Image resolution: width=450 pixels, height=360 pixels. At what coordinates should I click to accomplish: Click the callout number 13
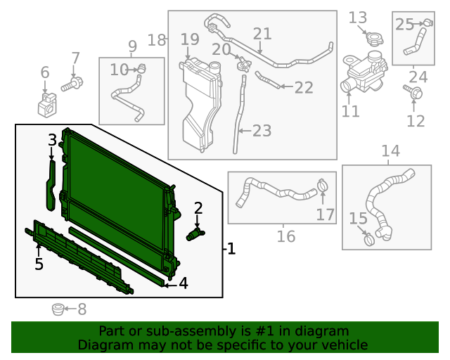pyautogui.click(x=358, y=18)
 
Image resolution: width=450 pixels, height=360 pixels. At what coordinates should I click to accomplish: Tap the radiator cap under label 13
pyautogui.click(x=375, y=39)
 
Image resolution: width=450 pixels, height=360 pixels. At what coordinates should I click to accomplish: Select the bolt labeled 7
pyautogui.click(x=72, y=84)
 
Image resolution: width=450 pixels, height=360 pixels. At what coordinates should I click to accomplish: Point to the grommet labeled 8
pyautogui.click(x=58, y=309)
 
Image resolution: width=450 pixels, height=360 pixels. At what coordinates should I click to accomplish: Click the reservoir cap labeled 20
pyautogui.click(x=244, y=65)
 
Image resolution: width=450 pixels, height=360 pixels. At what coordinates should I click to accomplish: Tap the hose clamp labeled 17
pyautogui.click(x=323, y=185)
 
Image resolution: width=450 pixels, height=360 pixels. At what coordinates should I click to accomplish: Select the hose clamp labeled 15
pyautogui.click(x=369, y=239)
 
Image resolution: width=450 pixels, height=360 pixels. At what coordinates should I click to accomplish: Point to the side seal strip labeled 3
pyautogui.click(x=51, y=186)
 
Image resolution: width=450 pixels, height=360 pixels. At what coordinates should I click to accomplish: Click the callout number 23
pyautogui.click(x=262, y=131)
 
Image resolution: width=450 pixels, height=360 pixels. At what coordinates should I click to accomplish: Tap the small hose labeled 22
pyautogui.click(x=267, y=80)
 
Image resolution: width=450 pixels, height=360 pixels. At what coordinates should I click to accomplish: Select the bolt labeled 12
pyautogui.click(x=413, y=92)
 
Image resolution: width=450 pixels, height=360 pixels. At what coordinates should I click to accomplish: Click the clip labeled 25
pyautogui.click(x=428, y=22)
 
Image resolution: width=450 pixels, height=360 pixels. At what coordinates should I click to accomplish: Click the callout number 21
pyautogui.click(x=262, y=34)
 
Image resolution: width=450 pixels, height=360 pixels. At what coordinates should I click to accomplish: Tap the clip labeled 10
pyautogui.click(x=141, y=69)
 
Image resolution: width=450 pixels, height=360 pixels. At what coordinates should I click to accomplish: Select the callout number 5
pyautogui.click(x=39, y=264)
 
